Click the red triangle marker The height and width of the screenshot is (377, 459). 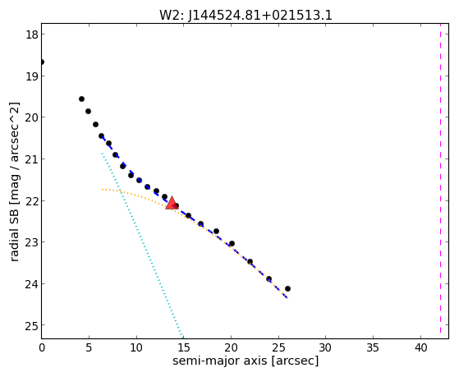click(x=172, y=203)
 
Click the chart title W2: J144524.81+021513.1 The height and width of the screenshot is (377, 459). click(x=246, y=16)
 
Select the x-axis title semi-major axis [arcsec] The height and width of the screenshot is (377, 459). click(x=246, y=361)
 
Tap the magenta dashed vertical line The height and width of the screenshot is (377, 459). click(x=440, y=178)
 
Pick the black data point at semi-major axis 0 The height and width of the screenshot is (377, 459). click(x=42, y=62)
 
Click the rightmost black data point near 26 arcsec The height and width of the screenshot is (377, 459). click(x=287, y=288)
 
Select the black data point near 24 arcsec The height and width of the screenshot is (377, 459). click(x=269, y=279)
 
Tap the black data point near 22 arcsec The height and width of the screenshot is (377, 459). click(x=250, y=261)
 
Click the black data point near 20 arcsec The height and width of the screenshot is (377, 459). click(x=232, y=243)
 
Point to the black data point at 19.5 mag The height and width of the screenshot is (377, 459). click(x=81, y=99)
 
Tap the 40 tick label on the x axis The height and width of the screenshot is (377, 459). click(x=420, y=348)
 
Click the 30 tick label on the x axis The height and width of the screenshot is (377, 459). click(x=326, y=348)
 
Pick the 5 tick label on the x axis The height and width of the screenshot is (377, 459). click(x=89, y=348)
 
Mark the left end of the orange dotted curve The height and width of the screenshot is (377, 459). click(x=102, y=189)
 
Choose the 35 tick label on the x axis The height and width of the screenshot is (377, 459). click(x=374, y=348)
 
